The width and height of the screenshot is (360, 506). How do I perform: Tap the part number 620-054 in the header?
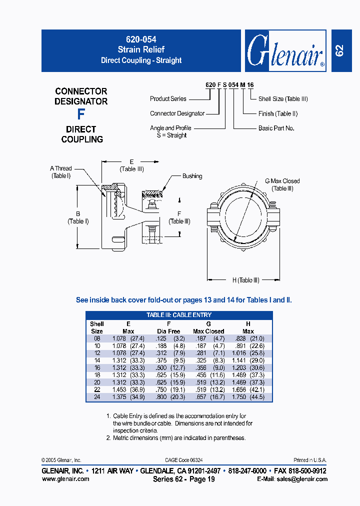[x=141, y=38]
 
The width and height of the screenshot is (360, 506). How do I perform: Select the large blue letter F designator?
[x=81, y=114]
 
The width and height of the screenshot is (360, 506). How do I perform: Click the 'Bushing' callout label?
[x=192, y=176]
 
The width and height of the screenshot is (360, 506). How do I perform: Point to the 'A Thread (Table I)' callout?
[x=61, y=172]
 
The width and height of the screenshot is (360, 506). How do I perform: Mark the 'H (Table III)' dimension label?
[x=245, y=280]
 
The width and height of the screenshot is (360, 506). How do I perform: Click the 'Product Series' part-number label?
[x=168, y=99]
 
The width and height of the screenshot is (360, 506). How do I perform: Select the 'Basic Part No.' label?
[x=276, y=128]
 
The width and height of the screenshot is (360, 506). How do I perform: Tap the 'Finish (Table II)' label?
[x=278, y=113]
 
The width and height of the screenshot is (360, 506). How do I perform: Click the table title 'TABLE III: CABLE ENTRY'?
[x=179, y=315]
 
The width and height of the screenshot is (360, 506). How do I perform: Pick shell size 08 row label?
[x=97, y=338]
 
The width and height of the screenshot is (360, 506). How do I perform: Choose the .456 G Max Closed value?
[x=200, y=375]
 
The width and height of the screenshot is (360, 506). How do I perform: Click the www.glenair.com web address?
[x=66, y=479]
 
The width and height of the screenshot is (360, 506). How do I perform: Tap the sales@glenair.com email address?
[x=299, y=479]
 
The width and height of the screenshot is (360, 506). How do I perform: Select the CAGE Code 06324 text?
[x=183, y=460]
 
